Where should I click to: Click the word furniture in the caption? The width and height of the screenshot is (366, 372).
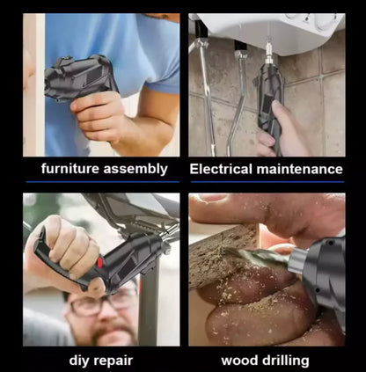tap(70, 169)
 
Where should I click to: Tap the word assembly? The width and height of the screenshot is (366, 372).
tap(135, 169)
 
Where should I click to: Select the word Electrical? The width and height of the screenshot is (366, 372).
tap(221, 169)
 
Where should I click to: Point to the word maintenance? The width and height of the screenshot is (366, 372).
tap(299, 170)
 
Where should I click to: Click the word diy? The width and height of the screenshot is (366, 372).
tap(79, 361)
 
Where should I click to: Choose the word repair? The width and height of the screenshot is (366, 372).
tap(113, 361)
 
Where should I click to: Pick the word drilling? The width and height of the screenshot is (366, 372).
tap(284, 361)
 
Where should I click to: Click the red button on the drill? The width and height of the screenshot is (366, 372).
tap(99, 262)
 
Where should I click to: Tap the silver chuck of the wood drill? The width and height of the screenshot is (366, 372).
tap(297, 260)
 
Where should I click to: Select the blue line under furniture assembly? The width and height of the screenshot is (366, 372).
tap(103, 182)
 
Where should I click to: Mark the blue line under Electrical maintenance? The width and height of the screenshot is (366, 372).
tap(267, 182)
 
